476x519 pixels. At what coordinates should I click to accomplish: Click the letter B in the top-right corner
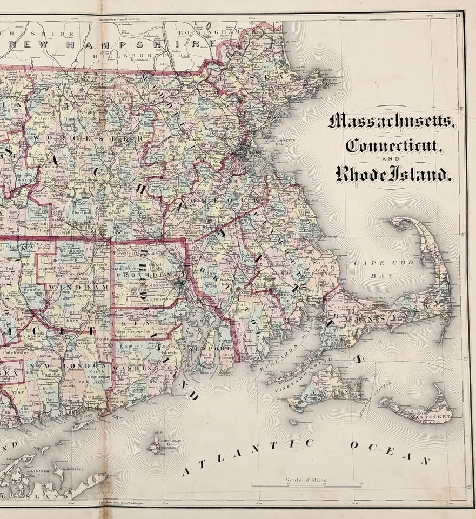pos(458,15)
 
